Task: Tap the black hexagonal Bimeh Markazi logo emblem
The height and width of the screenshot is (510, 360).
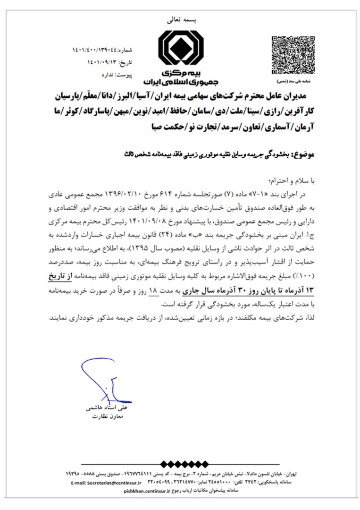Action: [x=181, y=49]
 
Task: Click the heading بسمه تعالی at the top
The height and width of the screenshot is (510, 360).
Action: [x=181, y=20]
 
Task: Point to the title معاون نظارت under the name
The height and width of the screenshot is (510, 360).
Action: [x=113, y=416]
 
